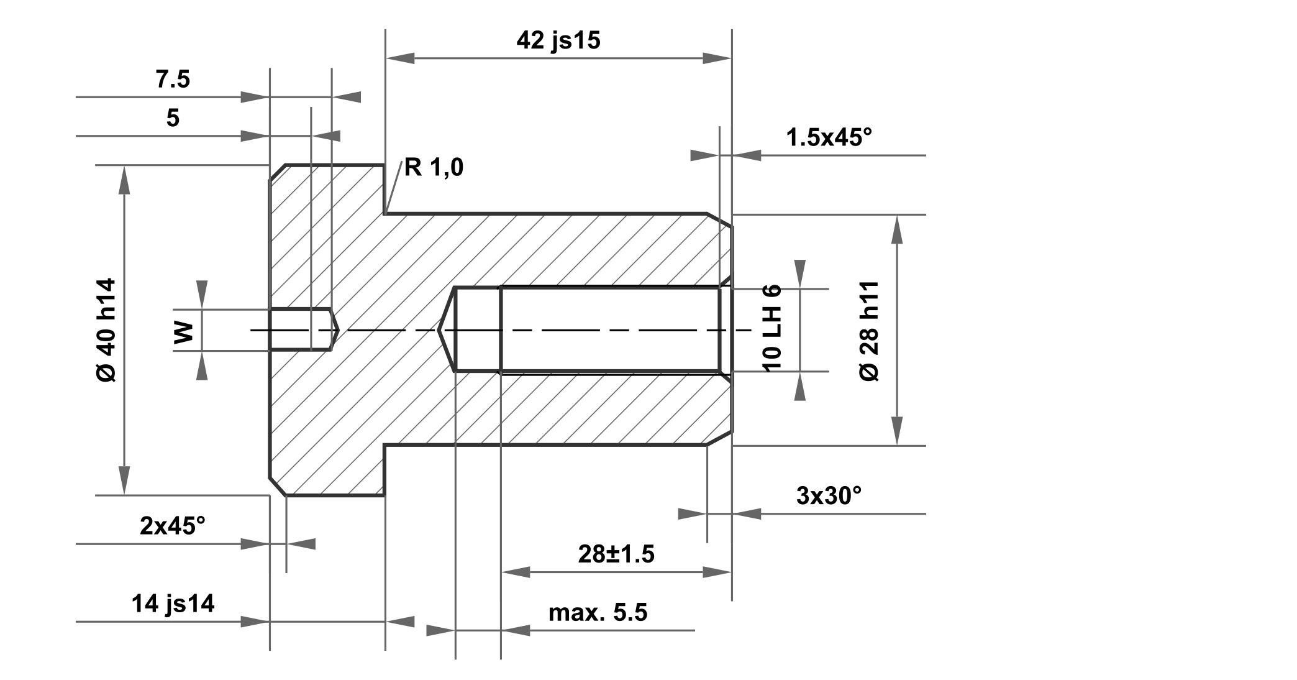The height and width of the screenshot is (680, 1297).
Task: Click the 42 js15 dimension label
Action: pos(558,40)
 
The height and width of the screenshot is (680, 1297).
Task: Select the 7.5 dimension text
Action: pos(172,80)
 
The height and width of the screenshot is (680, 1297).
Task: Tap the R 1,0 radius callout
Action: pos(434,167)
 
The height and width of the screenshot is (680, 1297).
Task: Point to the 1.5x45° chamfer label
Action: pos(829,137)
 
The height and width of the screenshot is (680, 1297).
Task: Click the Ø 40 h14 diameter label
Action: pos(106,330)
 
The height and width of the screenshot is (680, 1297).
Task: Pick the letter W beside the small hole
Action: pos(184,333)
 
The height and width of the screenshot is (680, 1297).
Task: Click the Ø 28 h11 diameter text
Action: pos(870,331)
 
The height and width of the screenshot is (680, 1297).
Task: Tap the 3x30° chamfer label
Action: pos(829,495)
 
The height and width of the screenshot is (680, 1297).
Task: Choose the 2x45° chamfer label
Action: pos(172,526)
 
